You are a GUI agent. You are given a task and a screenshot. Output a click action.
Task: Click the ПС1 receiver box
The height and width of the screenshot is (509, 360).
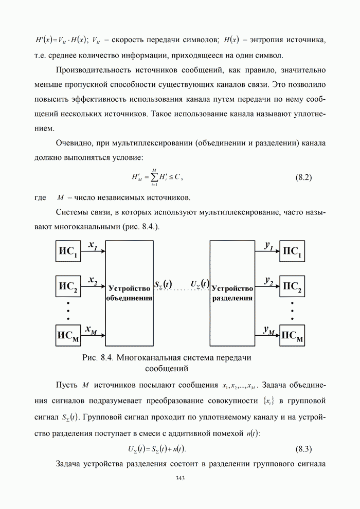tap(292, 252)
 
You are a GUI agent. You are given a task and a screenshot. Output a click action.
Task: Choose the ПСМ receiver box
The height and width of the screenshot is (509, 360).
tap(292, 336)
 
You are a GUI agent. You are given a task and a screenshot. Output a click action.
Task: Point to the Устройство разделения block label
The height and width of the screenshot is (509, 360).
tap(232, 293)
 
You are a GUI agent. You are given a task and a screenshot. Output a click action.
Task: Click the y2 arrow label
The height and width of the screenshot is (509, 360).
tap(269, 280)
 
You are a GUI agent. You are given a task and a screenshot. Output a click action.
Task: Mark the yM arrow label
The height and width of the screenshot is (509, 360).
tap(268, 331)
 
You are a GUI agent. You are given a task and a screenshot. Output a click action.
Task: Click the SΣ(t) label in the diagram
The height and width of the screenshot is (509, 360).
tap(164, 284)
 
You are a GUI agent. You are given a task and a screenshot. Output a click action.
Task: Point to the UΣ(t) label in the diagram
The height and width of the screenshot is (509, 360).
tap(199, 283)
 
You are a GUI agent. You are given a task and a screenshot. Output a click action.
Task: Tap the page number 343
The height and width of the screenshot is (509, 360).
tap(180, 478)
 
